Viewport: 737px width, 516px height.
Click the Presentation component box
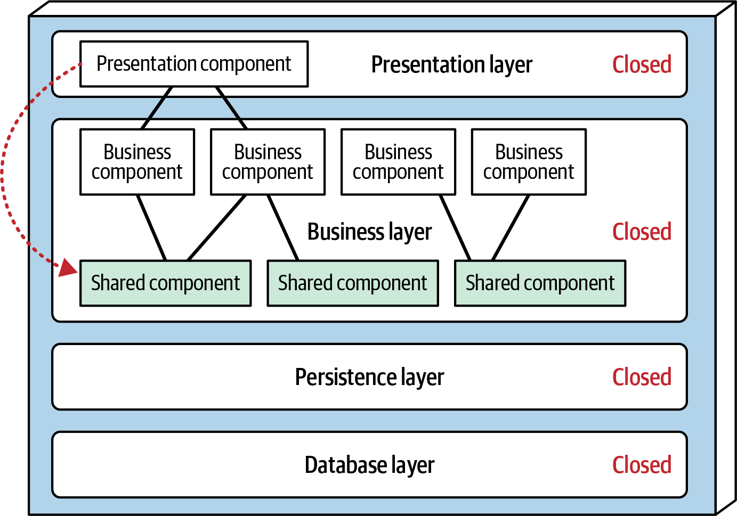pos(194,64)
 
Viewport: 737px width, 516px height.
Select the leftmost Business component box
pos(137,162)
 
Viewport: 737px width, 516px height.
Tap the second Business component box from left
pos(268,162)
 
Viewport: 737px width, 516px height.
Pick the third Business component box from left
pos(399,162)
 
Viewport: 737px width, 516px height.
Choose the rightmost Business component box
pos(529,162)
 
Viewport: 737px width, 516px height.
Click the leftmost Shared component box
pos(166,283)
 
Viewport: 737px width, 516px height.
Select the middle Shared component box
pos(353,283)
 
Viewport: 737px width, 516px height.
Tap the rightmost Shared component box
pos(540,283)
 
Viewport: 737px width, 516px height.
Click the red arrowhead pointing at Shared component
pos(68,267)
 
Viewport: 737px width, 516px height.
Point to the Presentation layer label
pos(452,65)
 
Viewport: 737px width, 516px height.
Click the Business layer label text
pos(369,232)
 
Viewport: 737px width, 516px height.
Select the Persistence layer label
pos(369,377)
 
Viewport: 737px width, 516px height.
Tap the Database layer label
pos(369,465)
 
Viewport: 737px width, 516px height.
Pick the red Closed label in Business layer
pos(642,232)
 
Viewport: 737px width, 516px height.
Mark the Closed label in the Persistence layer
pos(642,376)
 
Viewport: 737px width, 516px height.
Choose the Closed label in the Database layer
pos(642,465)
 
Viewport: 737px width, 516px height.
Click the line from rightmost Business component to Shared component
pos(511,227)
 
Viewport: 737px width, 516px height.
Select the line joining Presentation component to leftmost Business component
pos(157,108)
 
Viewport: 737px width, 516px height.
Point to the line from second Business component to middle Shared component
pos(283,227)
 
